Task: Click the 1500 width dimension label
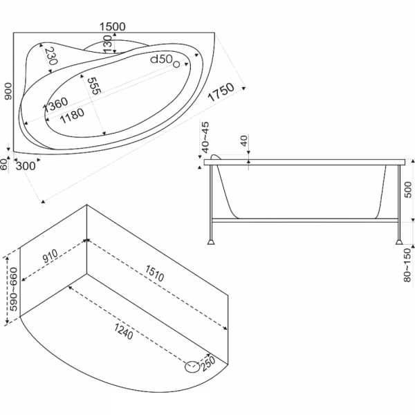tap(113, 26)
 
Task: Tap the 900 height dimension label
tap(8, 91)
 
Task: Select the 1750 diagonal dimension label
tap(221, 92)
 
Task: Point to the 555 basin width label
tap(94, 86)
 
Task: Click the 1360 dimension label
tap(55, 104)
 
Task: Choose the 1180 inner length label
tap(72, 116)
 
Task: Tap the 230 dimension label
tap(50, 56)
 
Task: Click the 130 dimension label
tap(108, 44)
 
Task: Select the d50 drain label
tap(162, 59)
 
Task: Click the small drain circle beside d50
tap(176, 64)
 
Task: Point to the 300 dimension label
tap(26, 166)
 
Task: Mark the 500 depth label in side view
tap(408, 190)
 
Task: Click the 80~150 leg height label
tap(407, 265)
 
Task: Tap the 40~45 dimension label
tap(205, 138)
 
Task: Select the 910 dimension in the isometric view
tap(50, 256)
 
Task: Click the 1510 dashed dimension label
tap(154, 273)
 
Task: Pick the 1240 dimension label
tap(124, 331)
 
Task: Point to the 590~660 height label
tap(13, 289)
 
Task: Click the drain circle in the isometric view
tap(192, 367)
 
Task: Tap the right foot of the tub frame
tap(399, 241)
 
